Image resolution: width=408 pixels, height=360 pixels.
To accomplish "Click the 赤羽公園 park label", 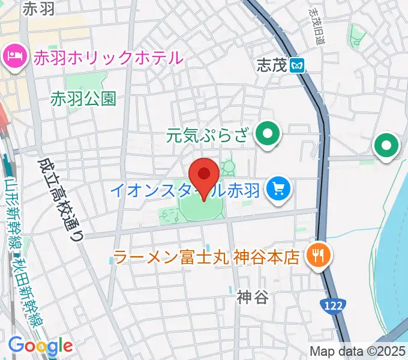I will [83, 98].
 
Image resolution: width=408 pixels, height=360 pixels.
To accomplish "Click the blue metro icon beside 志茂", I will [297, 65].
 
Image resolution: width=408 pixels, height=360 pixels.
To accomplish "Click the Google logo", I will [40, 345].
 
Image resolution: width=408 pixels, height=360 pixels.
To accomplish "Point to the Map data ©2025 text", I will [357, 351].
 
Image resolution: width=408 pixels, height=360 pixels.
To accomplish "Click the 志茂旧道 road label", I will [316, 27].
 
